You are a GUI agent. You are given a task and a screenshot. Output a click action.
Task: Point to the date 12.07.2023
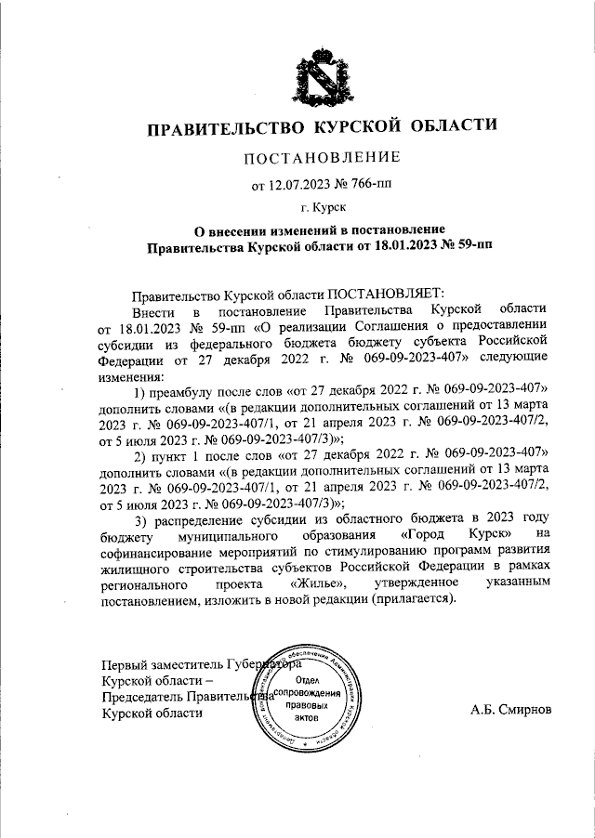pyautogui.click(x=299, y=185)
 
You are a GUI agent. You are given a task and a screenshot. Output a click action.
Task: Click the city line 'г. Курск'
pyautogui.click(x=323, y=210)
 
